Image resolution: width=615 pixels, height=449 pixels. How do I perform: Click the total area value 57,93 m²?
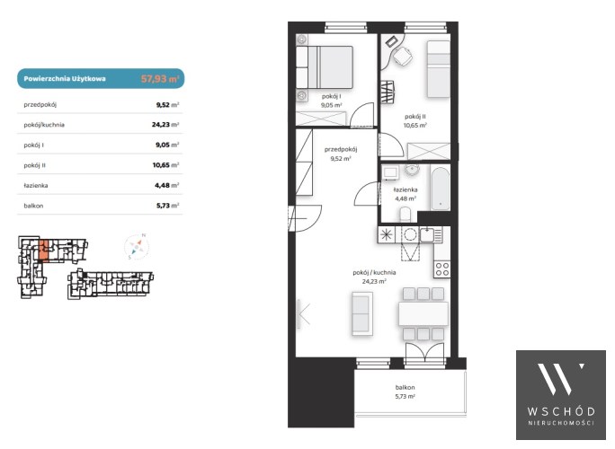(160, 79)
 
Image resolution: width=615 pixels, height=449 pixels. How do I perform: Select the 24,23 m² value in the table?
(165, 125)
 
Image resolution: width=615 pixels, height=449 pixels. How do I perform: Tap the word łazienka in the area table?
(36, 185)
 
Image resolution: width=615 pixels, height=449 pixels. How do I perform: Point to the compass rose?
(137, 246)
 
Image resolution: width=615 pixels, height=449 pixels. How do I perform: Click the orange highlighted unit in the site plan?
(43, 250)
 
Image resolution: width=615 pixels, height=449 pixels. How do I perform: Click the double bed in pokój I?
(325, 67)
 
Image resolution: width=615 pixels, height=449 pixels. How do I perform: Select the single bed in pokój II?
(438, 68)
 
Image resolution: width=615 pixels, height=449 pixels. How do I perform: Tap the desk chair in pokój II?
(403, 57)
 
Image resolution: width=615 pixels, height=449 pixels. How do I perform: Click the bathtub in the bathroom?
(440, 189)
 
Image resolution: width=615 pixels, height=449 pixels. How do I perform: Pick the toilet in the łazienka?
(406, 215)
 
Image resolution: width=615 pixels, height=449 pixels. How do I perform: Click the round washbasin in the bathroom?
(412, 171)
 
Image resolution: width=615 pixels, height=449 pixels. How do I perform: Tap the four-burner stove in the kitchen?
(442, 269)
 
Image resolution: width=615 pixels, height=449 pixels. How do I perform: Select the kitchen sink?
(427, 234)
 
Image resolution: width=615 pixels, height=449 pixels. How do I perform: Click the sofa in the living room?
(361, 313)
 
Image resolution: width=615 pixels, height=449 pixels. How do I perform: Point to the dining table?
(423, 313)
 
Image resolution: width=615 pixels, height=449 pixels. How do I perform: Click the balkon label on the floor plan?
(406, 387)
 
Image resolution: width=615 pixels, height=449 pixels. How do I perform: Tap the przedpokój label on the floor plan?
(341, 149)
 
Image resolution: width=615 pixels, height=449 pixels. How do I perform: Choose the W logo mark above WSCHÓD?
(560, 378)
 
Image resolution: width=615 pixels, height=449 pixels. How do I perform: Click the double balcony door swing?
(425, 350)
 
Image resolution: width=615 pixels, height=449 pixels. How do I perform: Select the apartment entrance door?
(306, 218)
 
